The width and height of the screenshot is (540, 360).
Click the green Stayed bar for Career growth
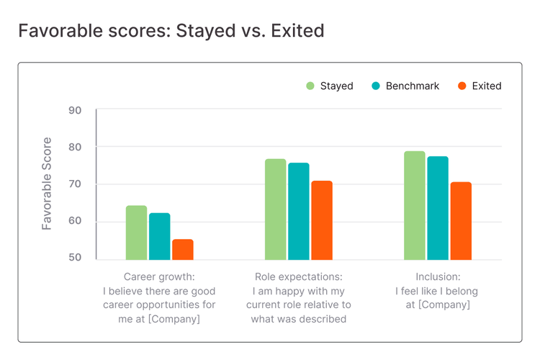[x=136, y=233]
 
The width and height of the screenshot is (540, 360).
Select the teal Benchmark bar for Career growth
[x=159, y=236]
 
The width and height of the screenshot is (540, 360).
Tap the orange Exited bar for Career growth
[x=183, y=249]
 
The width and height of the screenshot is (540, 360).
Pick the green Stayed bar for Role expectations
[x=275, y=209]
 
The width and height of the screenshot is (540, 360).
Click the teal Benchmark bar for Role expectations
[x=298, y=211]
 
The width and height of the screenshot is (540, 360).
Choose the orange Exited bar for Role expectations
[x=322, y=220]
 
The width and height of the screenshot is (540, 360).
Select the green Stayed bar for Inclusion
[x=414, y=205]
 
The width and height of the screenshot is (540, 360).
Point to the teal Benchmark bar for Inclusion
[x=437, y=208]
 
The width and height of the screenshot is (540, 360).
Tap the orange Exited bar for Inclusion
[x=461, y=220]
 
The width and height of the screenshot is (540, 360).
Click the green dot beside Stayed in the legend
[x=310, y=86]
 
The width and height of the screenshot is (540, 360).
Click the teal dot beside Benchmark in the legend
[x=375, y=86]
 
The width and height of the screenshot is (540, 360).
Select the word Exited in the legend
[x=487, y=86]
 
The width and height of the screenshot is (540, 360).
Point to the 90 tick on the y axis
[x=76, y=110]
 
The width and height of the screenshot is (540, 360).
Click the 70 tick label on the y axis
[x=76, y=184]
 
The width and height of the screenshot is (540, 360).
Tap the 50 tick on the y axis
[x=76, y=258]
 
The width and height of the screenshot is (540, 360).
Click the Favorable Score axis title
[x=47, y=183]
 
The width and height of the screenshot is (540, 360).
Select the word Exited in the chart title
[x=294, y=31]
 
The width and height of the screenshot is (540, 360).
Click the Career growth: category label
[x=159, y=277]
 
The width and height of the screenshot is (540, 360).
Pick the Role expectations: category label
[x=298, y=277]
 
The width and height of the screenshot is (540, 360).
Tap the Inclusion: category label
[x=437, y=277]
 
